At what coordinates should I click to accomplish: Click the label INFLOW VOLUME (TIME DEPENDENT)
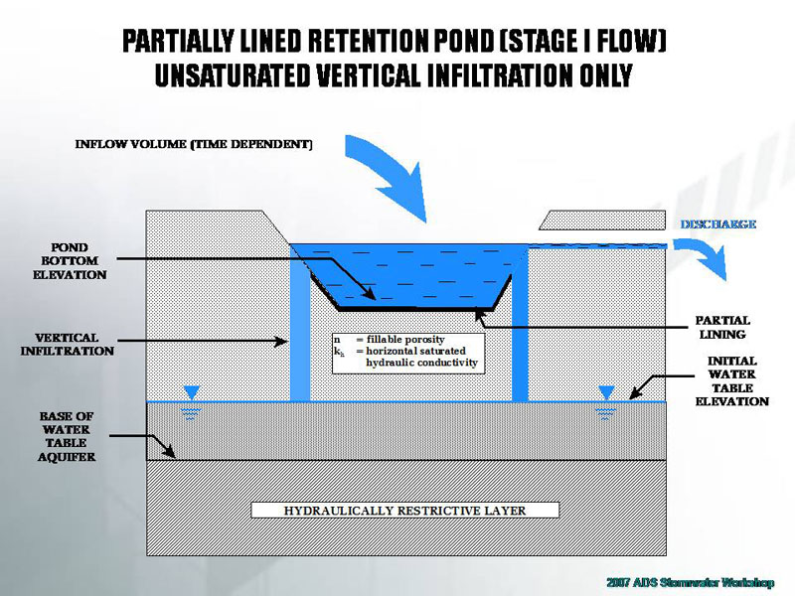194,144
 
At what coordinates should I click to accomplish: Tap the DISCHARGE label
717,224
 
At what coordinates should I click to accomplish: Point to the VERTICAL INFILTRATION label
68,344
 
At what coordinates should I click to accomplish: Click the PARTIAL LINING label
722,328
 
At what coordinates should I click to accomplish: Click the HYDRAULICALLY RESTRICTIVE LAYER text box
404,511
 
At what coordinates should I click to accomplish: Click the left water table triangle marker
192,392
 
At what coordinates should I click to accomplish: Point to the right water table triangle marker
606,392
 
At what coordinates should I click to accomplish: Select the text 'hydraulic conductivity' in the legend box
422,364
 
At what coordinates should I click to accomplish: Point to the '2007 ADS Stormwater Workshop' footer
690,581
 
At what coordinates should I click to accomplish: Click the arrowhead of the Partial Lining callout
480,315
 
